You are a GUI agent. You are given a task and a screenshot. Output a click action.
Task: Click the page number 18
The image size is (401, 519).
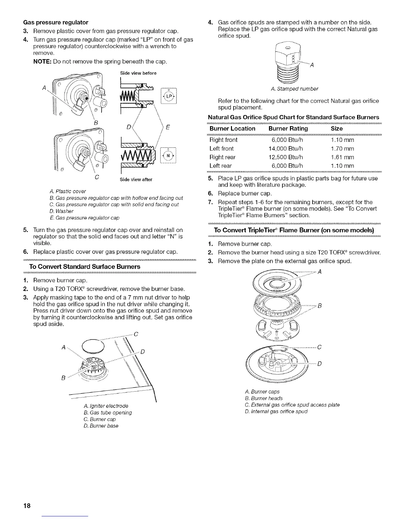pyautogui.click(x=27, y=506)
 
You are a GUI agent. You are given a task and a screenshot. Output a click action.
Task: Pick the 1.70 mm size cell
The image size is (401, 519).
pyautogui.click(x=342, y=148)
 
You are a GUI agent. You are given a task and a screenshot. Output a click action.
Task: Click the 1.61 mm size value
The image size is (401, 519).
pyautogui.click(x=342, y=157)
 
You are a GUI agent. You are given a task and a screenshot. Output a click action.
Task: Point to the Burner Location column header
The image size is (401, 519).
pyautogui.click(x=232, y=128)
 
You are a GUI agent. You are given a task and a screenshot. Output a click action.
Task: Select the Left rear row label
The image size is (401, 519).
pyautogui.click(x=220, y=165)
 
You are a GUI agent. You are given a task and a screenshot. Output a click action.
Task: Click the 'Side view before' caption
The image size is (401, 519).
pyautogui.click(x=138, y=73)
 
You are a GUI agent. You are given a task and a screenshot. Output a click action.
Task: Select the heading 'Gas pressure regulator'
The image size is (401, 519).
pyautogui.click(x=56, y=22)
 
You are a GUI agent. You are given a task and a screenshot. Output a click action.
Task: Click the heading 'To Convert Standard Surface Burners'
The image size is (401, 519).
pyautogui.click(x=85, y=266)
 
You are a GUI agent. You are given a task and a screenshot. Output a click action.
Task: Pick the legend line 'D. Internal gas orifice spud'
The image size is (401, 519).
pyautogui.click(x=276, y=411)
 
